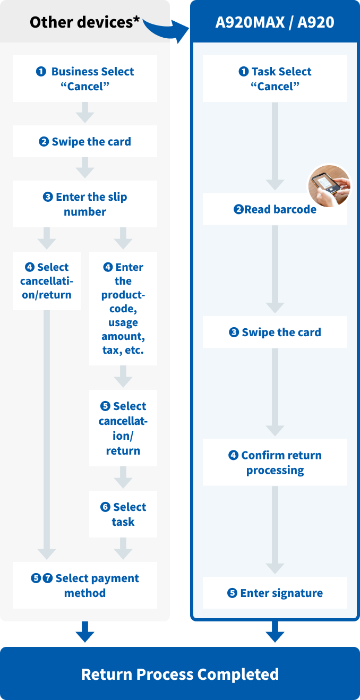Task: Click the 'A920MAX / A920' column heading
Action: coord(275,22)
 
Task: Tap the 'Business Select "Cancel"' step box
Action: coord(85,79)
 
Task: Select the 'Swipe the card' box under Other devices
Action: coord(85,142)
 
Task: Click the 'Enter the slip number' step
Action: coord(85,204)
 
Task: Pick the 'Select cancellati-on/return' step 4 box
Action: coord(47,281)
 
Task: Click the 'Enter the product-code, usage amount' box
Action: coord(123,309)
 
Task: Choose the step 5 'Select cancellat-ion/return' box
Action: coord(123,428)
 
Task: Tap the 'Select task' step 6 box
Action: coord(123,514)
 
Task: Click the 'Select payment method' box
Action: coord(85,585)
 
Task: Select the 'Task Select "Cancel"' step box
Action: coord(275,79)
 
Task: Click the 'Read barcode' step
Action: coord(275,209)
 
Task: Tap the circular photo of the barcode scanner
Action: coord(329,186)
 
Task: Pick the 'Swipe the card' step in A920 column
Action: coord(275,332)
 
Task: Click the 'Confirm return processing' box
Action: coord(275,462)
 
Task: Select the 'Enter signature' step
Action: coord(275,593)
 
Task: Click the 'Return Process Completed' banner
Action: coord(180,674)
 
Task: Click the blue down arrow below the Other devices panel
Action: coord(85,633)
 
